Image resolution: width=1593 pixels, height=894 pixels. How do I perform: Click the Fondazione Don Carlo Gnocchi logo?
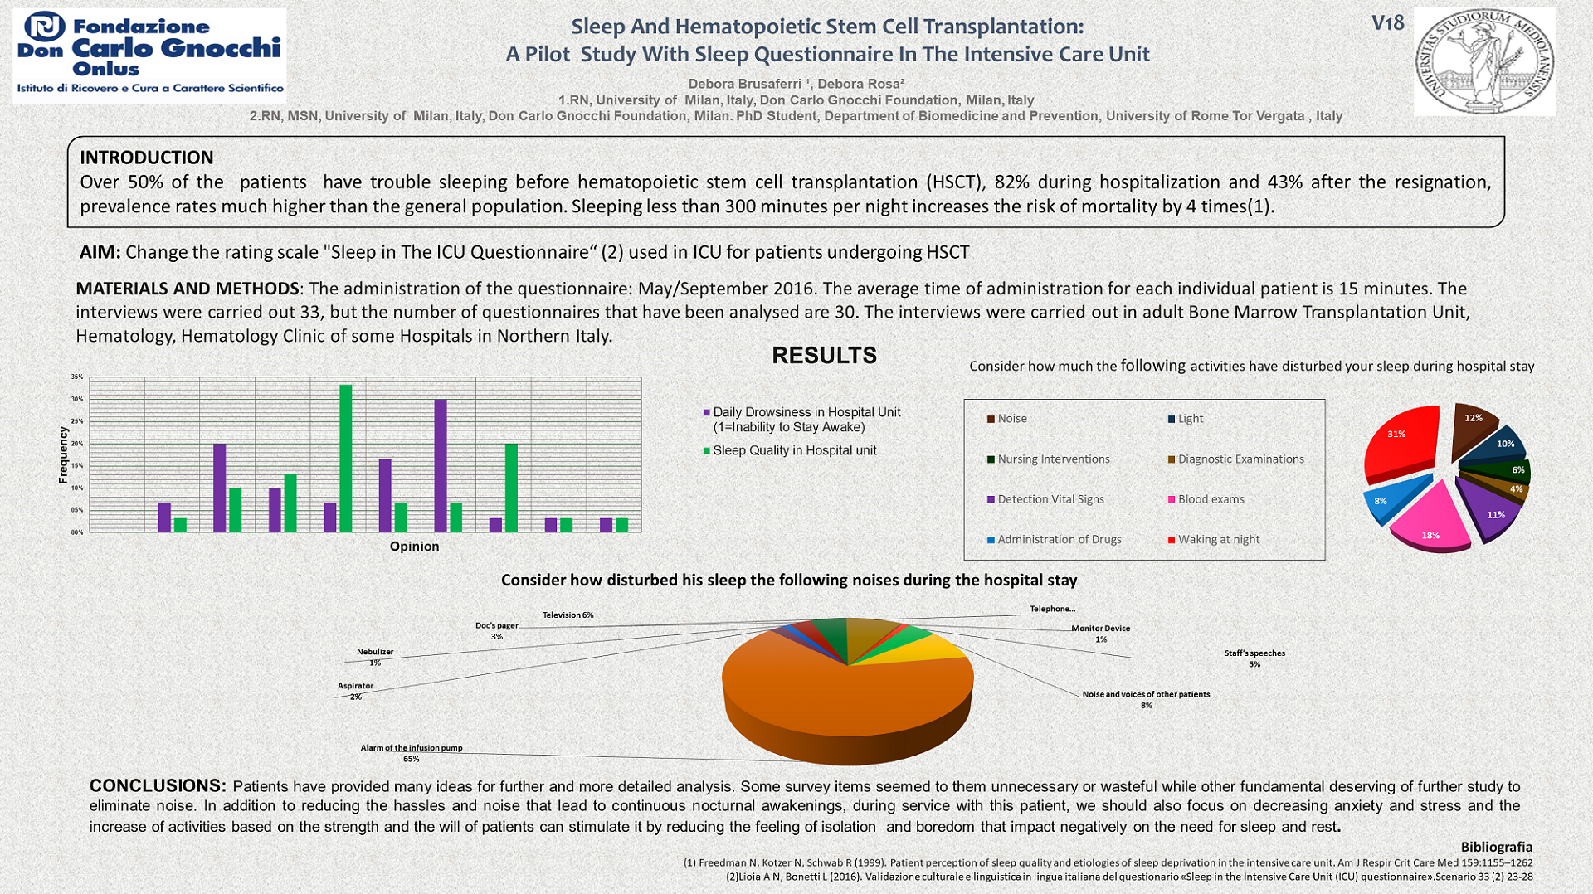(149, 56)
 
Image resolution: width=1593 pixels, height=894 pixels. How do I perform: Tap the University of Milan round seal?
(1484, 61)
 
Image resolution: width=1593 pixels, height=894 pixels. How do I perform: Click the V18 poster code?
(1387, 23)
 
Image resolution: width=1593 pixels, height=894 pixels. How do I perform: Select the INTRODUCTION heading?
(147, 158)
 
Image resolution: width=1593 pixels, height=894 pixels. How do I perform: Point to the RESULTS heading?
(824, 356)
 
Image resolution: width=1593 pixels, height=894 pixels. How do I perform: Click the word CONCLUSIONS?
(158, 785)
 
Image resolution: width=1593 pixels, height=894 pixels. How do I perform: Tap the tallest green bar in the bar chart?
(345, 458)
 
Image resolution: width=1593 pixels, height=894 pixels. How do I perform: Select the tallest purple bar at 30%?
(441, 465)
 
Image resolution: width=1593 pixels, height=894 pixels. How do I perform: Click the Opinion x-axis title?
(414, 547)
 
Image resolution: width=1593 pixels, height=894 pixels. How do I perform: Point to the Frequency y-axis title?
(63, 454)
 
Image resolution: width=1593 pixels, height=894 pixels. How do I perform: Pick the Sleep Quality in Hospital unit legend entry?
(794, 450)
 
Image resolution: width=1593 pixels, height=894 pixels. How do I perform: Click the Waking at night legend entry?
(1218, 539)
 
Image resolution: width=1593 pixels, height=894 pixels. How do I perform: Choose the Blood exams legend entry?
(1211, 499)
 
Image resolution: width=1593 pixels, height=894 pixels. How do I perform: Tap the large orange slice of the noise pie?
(830, 697)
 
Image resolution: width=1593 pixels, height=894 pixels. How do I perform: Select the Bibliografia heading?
(1496, 847)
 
